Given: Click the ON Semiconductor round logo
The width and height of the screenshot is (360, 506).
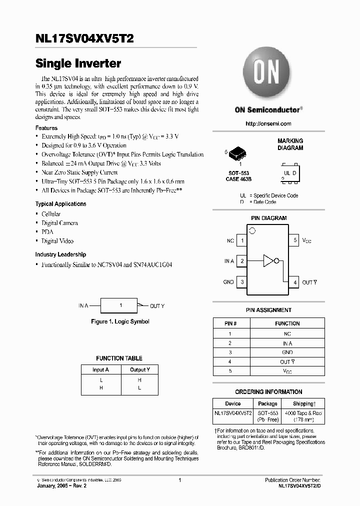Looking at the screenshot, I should tap(267, 74).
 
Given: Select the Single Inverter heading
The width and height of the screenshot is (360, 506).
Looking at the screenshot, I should tap(78, 64).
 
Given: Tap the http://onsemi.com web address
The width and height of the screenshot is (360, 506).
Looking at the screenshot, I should tap(268, 123).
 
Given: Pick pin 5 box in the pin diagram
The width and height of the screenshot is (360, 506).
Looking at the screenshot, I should tap(295, 240).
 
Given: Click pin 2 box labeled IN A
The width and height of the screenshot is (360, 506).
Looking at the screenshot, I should tap(242, 261).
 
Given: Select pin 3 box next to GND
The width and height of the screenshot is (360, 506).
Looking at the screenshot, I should tap(242, 282).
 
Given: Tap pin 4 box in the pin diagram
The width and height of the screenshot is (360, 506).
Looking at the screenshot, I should tap(295, 282).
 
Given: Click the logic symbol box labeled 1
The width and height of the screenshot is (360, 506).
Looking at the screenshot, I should tap(119, 305).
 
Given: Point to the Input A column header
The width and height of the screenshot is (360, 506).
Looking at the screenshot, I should tap(100, 369).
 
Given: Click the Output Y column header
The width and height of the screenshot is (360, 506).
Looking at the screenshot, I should tap(139, 369).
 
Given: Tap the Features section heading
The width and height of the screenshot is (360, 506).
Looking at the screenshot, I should tap(46, 128).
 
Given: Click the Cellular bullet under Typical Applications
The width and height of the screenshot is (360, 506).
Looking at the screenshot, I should tap(51, 214).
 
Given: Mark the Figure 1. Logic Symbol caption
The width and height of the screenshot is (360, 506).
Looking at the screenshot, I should tap(120, 321).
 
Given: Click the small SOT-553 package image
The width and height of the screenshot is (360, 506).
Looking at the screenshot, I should tap(240, 153).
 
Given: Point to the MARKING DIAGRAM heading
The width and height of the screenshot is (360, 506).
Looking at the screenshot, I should tap(290, 144).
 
